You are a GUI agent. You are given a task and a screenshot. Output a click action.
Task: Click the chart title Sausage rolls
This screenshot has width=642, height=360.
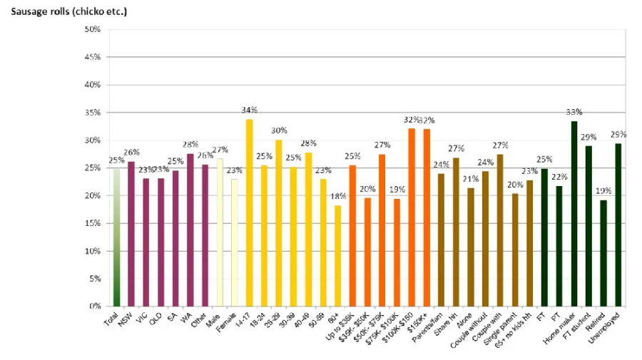click(x=65, y=12)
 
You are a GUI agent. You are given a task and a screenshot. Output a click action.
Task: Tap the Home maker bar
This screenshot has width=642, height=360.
click(x=574, y=214)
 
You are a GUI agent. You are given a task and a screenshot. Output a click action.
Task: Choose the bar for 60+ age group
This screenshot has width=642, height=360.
click(x=338, y=256)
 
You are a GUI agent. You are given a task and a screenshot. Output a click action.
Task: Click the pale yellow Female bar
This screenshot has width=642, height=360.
click(x=234, y=242)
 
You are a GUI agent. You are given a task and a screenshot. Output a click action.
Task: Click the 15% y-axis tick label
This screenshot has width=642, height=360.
click(x=91, y=223)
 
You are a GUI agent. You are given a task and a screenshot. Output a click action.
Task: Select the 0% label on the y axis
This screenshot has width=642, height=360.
click(x=94, y=307)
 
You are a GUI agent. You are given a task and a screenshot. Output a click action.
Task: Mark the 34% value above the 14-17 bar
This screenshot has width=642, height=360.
click(x=249, y=110)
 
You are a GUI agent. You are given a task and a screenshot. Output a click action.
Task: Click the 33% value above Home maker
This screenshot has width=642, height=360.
click(x=574, y=113)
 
